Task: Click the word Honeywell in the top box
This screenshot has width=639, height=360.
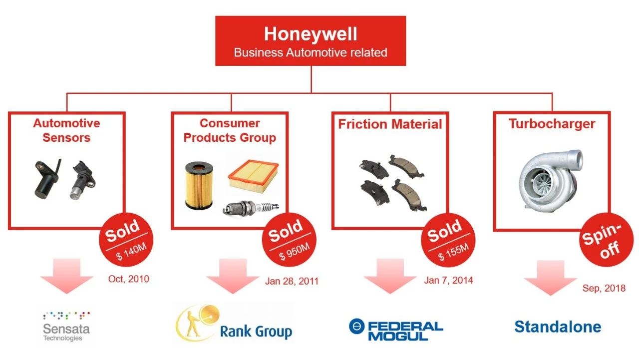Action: [x=311, y=34]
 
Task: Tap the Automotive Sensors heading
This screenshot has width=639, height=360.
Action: [x=66, y=130]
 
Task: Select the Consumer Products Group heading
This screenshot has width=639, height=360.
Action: [x=230, y=130]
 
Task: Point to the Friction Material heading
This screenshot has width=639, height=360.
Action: [x=390, y=124]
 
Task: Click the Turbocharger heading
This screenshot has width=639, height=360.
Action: [x=552, y=124]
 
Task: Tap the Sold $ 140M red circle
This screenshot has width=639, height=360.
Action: [x=126, y=240]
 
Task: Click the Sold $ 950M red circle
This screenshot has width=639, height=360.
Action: [x=289, y=240]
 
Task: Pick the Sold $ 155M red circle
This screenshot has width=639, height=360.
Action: [x=448, y=240]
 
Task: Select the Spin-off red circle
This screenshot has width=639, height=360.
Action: [x=606, y=240]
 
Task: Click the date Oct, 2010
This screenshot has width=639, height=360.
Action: [x=129, y=279]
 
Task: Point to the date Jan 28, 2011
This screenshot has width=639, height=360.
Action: [x=292, y=281]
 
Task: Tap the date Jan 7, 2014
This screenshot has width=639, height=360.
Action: [x=448, y=280]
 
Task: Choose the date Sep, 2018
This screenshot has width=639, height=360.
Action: [x=604, y=288]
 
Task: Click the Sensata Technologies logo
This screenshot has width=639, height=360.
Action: [x=66, y=327]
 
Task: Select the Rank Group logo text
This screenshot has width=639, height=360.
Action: [x=256, y=332]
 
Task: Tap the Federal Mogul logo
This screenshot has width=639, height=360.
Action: [x=396, y=330]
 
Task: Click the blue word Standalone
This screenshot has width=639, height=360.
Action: [x=558, y=327]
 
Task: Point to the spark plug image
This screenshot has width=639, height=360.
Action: [x=251, y=208]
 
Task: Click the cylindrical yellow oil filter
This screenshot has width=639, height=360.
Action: [x=199, y=185]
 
